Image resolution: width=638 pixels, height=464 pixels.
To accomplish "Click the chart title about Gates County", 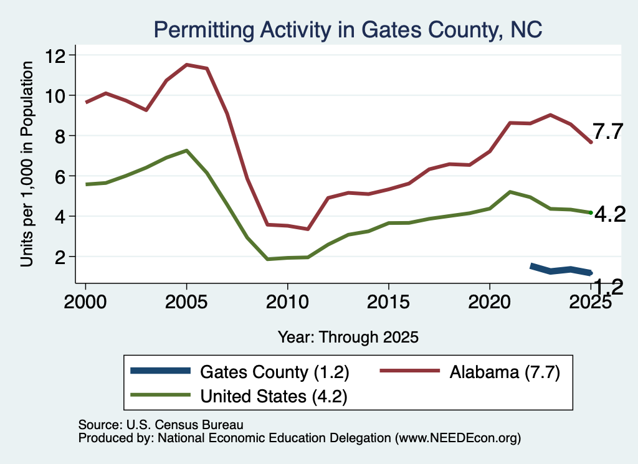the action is (x=348, y=30).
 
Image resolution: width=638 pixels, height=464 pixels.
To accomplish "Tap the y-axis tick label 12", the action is (x=55, y=55).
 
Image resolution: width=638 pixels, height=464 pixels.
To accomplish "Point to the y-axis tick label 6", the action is (x=60, y=176).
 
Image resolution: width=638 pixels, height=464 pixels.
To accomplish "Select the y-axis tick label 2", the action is (x=60, y=257).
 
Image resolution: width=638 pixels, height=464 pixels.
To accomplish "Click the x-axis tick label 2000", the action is (x=85, y=301).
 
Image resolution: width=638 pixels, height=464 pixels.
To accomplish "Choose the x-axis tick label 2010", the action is (x=287, y=301).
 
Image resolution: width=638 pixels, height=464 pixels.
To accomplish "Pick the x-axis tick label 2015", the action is (x=388, y=301).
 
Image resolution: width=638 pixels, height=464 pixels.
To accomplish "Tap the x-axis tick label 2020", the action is (x=489, y=301).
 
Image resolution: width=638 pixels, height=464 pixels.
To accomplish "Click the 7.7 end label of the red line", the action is (x=607, y=132).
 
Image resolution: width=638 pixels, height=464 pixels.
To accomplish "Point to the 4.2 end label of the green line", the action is (x=610, y=214).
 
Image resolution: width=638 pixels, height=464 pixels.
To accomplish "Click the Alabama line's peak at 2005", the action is (x=187, y=64).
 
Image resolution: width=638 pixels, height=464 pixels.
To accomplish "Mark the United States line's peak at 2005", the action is (x=187, y=151).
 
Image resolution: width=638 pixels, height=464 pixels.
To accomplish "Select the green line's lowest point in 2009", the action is (x=267, y=259).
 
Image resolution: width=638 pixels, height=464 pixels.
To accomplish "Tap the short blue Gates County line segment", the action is (x=561, y=270).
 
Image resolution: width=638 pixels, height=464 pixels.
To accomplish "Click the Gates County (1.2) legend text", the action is (x=275, y=372).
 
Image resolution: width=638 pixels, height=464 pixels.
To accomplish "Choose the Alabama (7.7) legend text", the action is (x=505, y=372).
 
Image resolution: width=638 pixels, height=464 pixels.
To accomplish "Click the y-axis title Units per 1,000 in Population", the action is (x=27, y=164).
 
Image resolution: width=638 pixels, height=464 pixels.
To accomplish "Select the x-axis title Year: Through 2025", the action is (x=348, y=337).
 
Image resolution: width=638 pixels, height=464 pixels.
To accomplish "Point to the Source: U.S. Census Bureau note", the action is (x=161, y=425).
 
